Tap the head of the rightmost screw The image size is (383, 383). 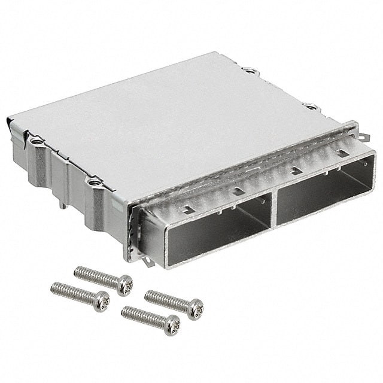point(196,309)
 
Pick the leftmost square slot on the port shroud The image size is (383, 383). point(186,210)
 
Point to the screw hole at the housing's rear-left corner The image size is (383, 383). point(37,142)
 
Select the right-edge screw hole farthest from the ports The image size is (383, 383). point(251,71)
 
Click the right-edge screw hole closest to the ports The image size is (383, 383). point(312,108)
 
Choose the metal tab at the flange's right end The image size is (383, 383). point(354,127)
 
